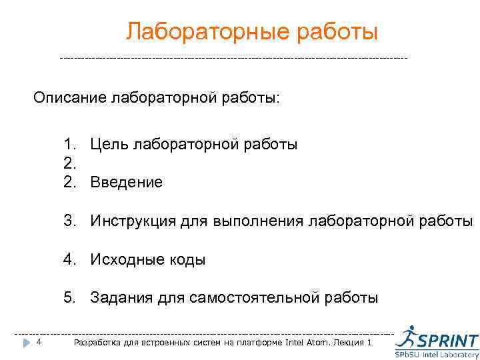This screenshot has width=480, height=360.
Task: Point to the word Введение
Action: [126, 182]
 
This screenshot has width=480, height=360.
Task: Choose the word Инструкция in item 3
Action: [133, 221]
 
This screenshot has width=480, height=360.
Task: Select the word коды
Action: [187, 259]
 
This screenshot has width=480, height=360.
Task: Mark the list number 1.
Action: [70, 144]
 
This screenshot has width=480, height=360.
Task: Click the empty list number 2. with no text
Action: [70, 163]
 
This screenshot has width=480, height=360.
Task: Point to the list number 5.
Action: [70, 297]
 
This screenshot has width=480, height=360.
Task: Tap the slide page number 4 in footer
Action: [39, 342]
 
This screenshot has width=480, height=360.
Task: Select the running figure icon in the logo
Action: [406, 336]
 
